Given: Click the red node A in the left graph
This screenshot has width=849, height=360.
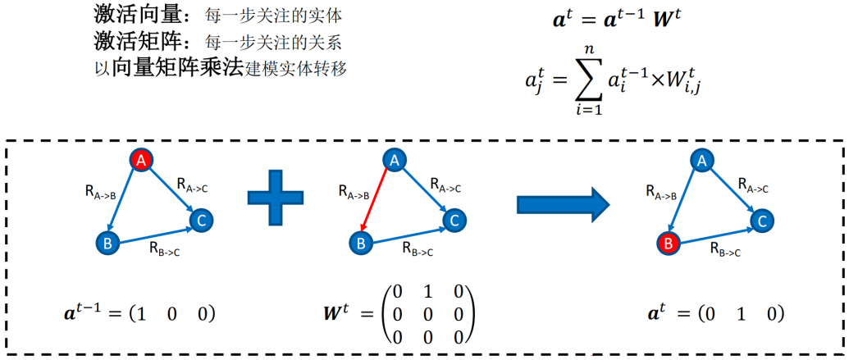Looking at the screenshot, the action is [x=141, y=160].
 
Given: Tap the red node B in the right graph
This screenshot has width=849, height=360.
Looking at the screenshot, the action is [x=669, y=244].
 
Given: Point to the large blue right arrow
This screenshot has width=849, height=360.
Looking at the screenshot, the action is [x=564, y=206].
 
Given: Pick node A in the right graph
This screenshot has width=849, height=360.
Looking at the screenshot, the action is [x=701, y=161].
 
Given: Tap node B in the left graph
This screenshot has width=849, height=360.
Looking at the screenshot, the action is [x=107, y=244].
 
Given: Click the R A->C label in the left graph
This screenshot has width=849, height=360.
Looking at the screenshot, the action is [x=193, y=185].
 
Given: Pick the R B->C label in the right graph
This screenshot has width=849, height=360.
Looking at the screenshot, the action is [x=726, y=249].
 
